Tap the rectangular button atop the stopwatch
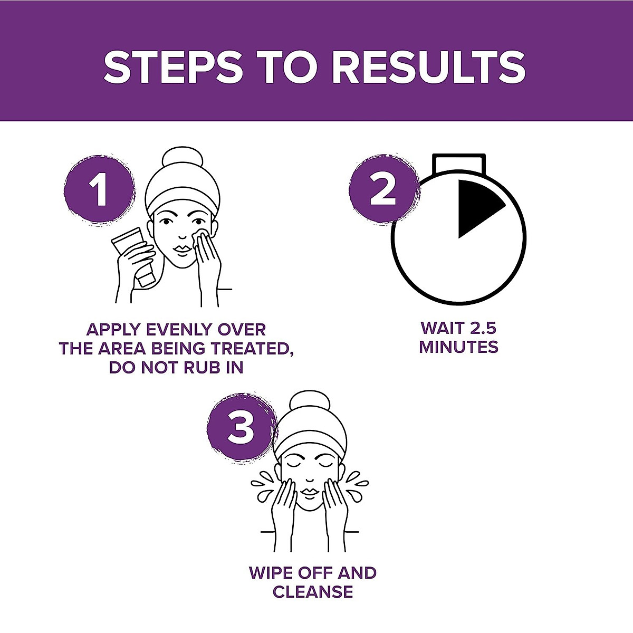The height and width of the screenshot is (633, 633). tap(458, 164)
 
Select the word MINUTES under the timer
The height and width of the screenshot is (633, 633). tap(458, 347)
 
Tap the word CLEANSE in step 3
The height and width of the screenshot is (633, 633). tap(312, 592)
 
